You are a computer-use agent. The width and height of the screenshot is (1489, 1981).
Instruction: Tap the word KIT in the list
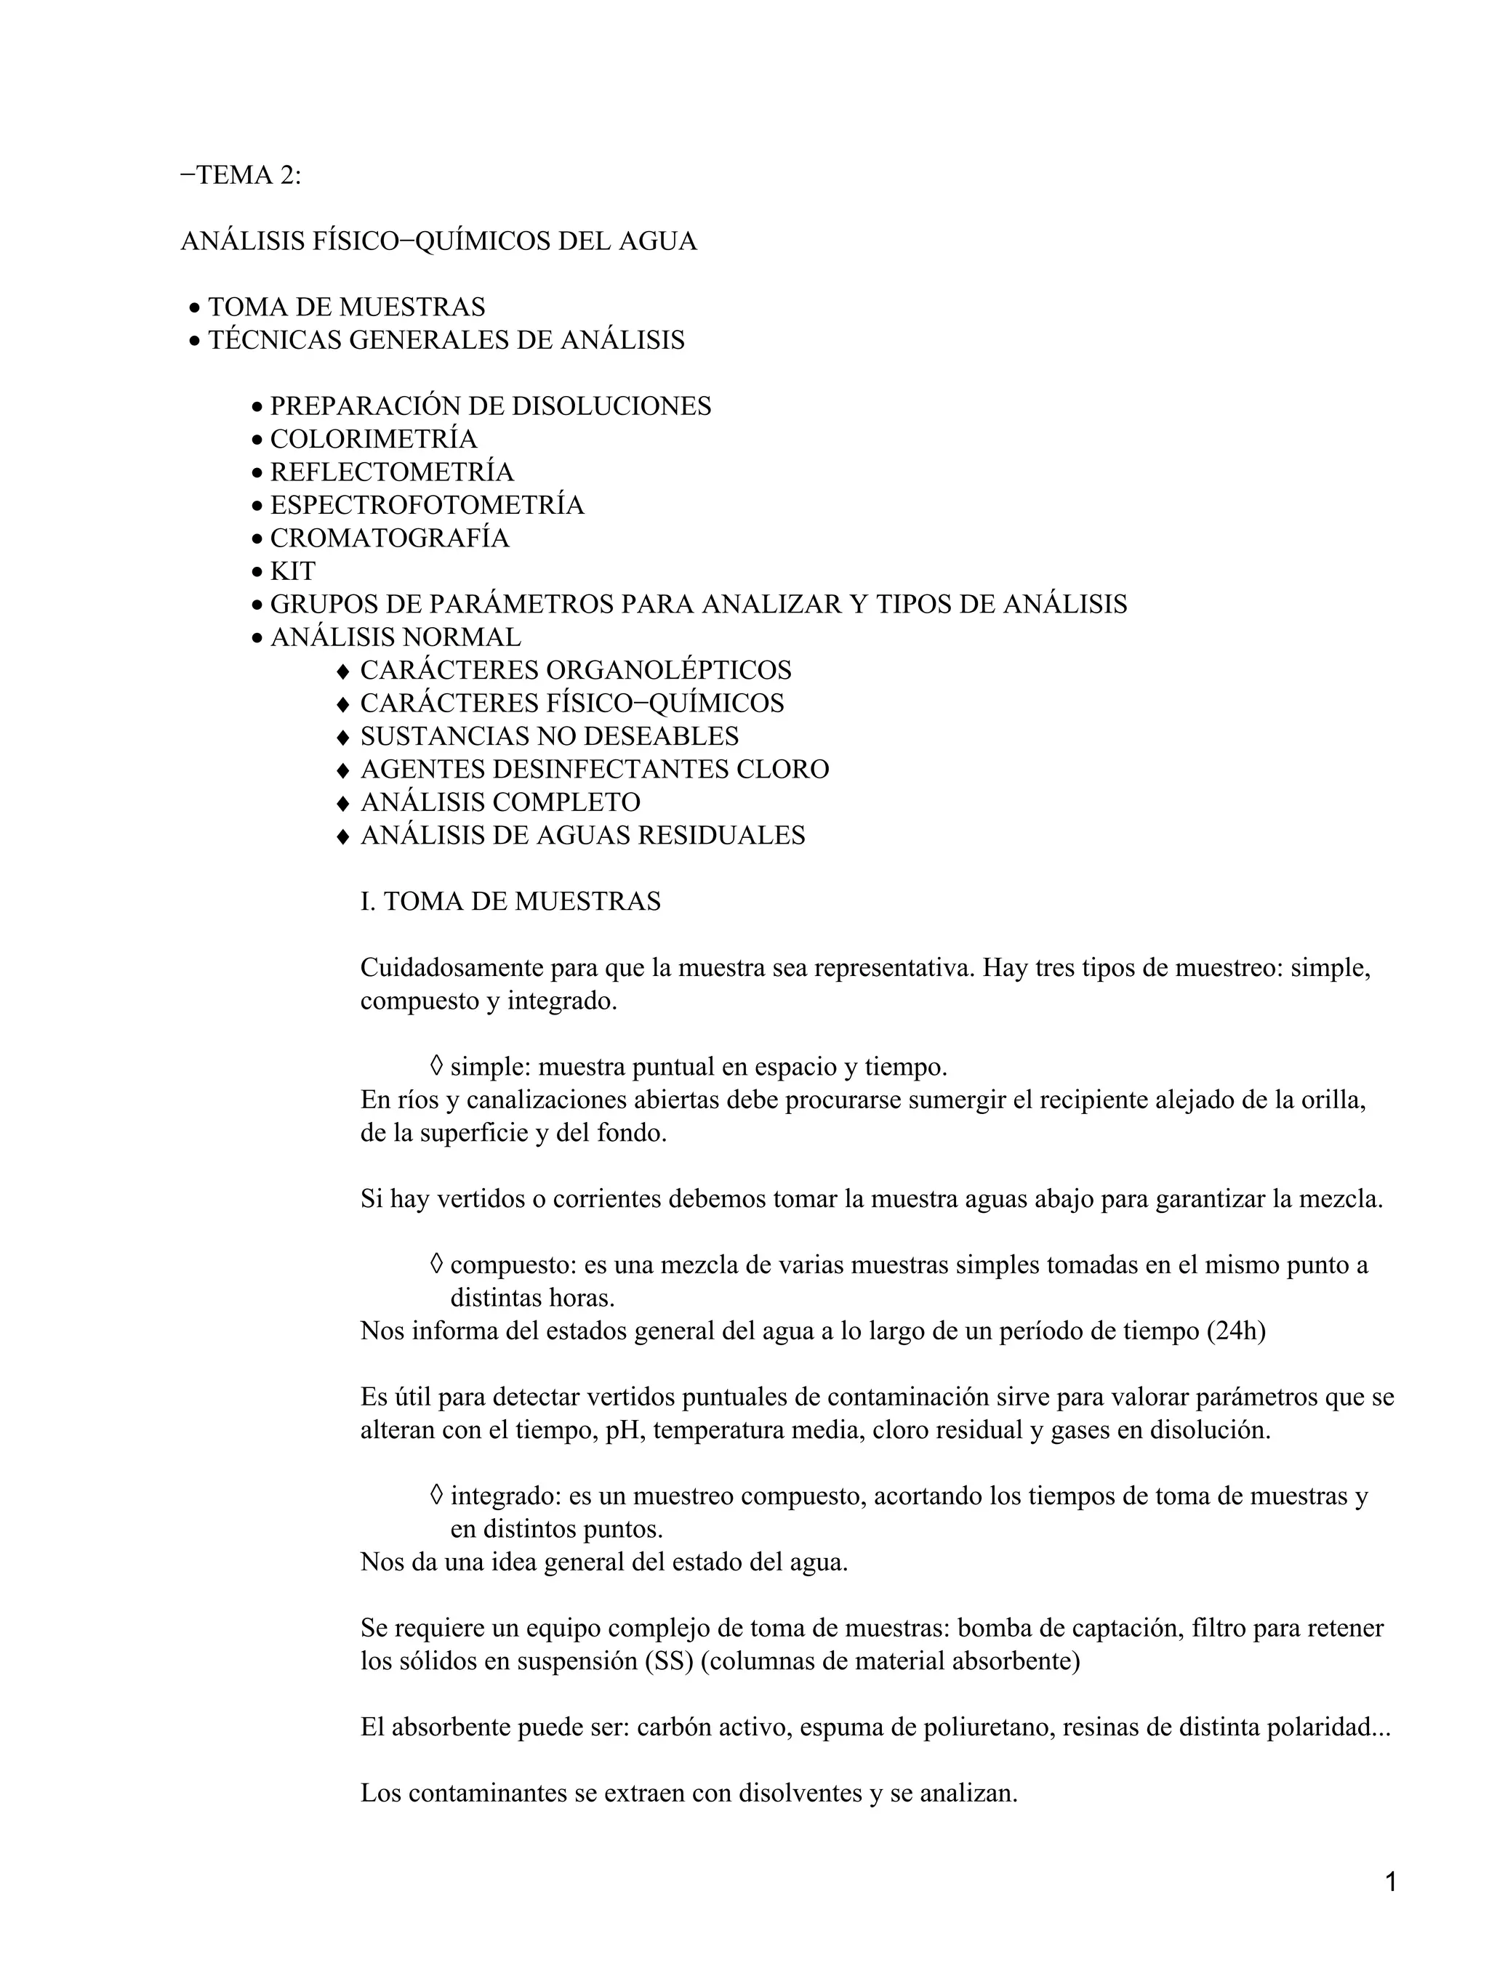[293, 571]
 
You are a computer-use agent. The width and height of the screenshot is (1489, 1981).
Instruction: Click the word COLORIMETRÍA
[374, 440]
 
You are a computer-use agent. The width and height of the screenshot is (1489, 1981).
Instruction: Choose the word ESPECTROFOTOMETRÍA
[427, 506]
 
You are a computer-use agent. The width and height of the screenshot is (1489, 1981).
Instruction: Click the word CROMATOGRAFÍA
[389, 538]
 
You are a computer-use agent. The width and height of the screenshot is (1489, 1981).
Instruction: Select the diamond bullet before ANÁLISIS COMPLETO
[342, 803]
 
